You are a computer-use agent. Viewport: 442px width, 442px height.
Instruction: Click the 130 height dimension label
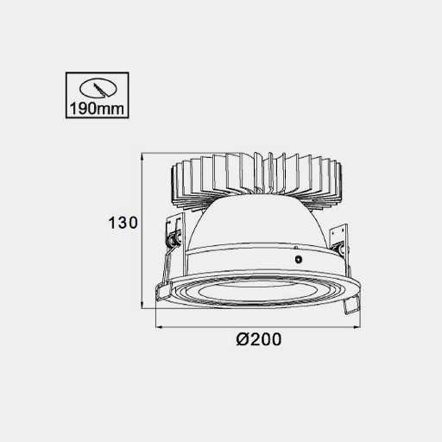(123, 223)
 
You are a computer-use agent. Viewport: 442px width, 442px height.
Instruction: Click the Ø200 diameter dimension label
(258, 339)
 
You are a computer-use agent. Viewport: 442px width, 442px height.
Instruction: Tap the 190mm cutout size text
(97, 109)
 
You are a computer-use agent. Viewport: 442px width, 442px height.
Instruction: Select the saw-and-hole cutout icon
(98, 88)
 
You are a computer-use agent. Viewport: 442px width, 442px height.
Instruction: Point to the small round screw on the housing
(299, 259)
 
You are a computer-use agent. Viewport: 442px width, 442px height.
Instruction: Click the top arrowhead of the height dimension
(142, 157)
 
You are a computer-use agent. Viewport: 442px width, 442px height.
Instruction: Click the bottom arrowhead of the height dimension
(142, 305)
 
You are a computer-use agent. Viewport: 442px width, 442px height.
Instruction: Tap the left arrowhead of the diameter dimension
(159, 327)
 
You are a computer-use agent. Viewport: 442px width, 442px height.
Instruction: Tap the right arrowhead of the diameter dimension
(357, 327)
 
